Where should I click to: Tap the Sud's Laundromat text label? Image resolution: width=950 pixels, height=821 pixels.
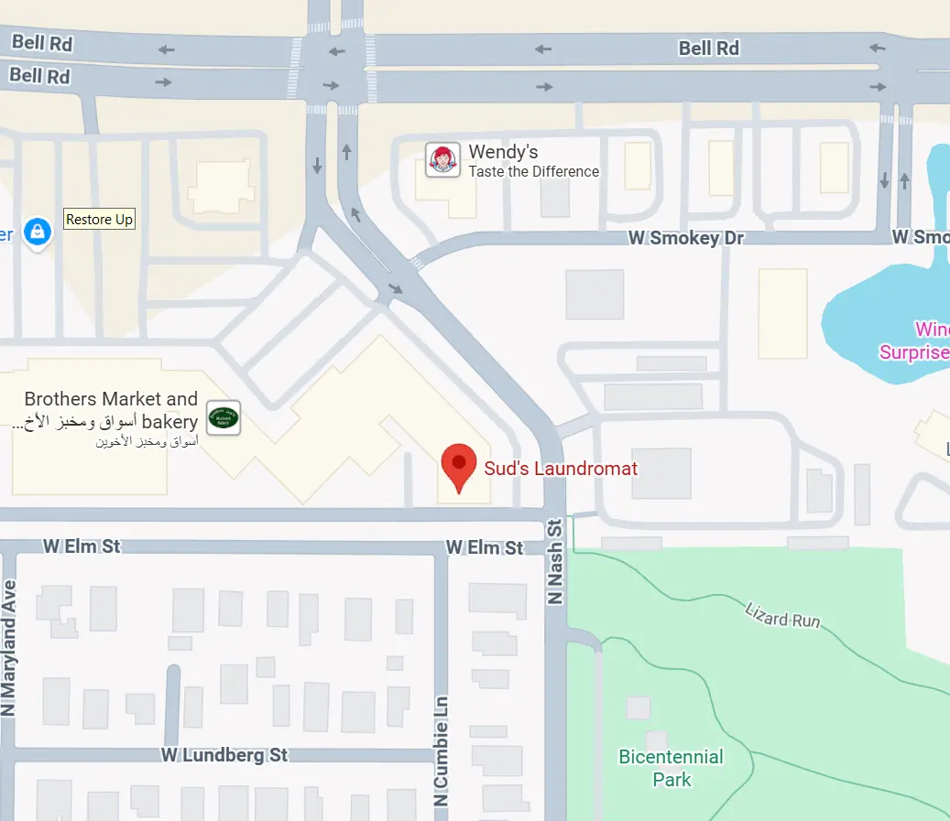[561, 469]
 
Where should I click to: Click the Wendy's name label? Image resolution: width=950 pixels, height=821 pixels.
[503, 152]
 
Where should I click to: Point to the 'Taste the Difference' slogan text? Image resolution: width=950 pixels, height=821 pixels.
[533, 171]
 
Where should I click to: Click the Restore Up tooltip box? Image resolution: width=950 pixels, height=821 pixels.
[100, 220]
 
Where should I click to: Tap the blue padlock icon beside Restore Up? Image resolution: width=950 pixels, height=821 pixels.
[37, 232]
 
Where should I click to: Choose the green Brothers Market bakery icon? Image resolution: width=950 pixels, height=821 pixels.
[224, 418]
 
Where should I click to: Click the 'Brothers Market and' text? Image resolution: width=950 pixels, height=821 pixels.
[111, 399]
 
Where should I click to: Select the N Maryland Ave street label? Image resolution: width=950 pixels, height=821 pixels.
[9, 648]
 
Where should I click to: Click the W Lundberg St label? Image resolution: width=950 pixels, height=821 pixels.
[224, 755]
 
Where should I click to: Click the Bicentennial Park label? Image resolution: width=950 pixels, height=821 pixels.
[671, 768]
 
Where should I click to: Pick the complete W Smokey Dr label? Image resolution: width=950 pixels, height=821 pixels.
[686, 238]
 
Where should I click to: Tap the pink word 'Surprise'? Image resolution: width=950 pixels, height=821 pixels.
[914, 352]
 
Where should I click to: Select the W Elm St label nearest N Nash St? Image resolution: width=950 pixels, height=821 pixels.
[485, 547]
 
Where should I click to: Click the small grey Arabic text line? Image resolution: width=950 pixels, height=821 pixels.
[147, 441]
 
